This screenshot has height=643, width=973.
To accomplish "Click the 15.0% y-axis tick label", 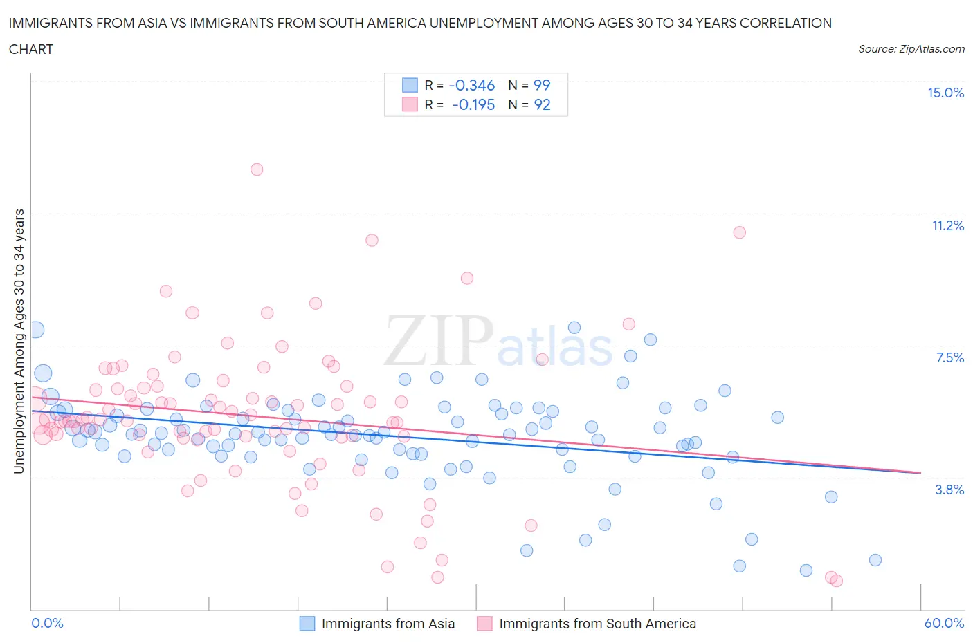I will pos(945,93).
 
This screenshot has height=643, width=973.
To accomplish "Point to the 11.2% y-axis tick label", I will pos(947,225).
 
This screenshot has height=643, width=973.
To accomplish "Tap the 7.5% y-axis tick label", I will pos(949,357).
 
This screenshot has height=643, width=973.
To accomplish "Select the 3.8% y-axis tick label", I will pos(949,490).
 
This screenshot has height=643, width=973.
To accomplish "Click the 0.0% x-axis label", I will pos(47,623).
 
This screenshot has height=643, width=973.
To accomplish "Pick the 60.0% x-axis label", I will pos(944,623).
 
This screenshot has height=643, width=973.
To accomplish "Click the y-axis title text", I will pos(19,341).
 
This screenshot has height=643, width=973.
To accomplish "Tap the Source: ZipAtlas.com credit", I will pos(911,48).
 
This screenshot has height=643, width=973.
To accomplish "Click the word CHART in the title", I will pos(31,49).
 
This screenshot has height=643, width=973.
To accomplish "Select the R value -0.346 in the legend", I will pos(471,85).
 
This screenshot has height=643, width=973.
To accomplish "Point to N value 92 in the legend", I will pos(542,104).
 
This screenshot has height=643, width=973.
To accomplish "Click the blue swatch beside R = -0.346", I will pos(410,85).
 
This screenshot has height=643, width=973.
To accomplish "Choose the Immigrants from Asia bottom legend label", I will pos(388,624).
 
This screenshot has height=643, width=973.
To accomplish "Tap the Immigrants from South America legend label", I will pos(597,624).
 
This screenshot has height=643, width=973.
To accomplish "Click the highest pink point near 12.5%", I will pos(257,169).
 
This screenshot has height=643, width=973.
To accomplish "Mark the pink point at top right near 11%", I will pos(739,232).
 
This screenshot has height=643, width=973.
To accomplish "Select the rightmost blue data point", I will pos(875,560).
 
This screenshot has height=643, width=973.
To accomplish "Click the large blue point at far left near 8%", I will pos(35,330).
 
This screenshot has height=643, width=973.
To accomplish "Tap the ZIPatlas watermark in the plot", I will pos(498,341).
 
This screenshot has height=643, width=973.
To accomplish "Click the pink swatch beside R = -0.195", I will pos(410,104).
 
